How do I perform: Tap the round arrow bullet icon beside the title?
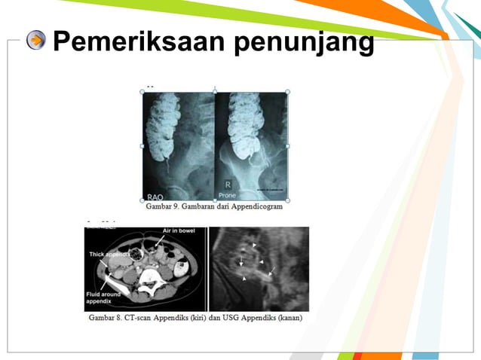35,41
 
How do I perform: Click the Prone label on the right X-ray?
228,195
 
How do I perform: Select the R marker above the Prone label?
228,184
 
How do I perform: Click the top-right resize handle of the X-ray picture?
287,92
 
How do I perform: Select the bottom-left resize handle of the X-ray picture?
142,200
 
